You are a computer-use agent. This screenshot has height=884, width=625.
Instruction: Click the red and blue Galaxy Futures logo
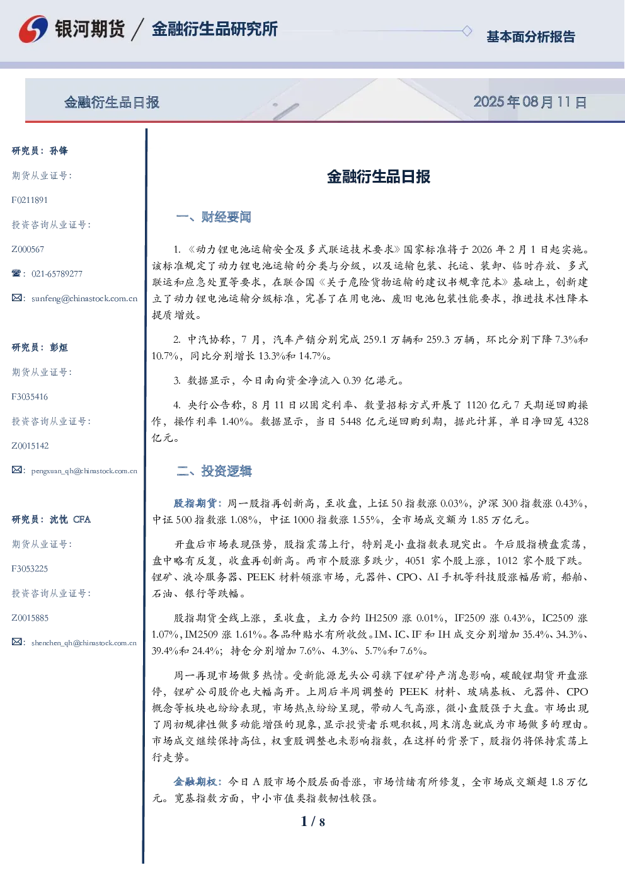click(x=33, y=29)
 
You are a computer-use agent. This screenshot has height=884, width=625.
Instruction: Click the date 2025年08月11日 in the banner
click(x=530, y=102)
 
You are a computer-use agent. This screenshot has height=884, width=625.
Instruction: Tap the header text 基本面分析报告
click(x=530, y=37)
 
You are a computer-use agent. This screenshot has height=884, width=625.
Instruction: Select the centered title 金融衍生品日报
click(x=379, y=176)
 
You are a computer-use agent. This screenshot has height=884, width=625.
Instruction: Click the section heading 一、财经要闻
click(x=214, y=217)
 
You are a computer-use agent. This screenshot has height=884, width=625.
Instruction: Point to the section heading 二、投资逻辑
click(x=214, y=471)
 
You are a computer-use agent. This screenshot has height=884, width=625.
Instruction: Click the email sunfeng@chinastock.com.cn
click(x=84, y=299)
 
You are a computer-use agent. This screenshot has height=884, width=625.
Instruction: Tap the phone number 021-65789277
click(x=57, y=273)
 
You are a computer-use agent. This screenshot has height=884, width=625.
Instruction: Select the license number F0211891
click(x=30, y=200)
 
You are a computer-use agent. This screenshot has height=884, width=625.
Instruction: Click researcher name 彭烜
click(x=59, y=347)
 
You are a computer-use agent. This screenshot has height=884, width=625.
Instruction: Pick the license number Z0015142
click(x=30, y=445)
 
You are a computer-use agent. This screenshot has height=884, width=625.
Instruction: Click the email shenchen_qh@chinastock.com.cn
click(x=84, y=643)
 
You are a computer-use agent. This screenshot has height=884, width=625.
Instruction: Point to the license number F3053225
click(x=30, y=568)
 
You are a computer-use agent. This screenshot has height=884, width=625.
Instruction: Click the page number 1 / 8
click(x=312, y=822)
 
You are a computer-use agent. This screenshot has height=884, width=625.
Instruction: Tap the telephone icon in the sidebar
click(x=16, y=273)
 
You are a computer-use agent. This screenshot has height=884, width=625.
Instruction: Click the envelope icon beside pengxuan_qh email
click(x=16, y=470)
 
